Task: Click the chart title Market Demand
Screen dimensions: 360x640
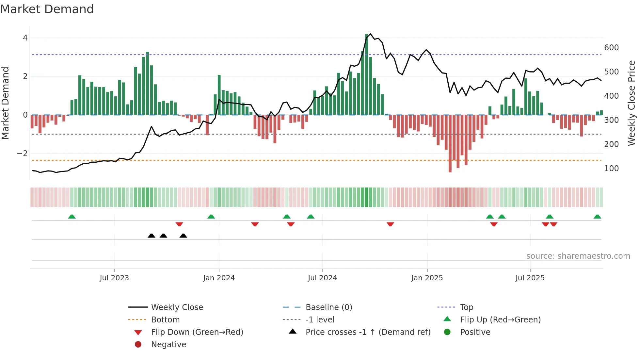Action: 47,9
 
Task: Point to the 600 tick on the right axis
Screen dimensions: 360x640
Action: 611,48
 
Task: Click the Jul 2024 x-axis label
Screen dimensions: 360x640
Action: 322,278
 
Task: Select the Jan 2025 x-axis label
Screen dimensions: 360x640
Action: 427,278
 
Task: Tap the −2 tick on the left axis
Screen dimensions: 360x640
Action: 22,154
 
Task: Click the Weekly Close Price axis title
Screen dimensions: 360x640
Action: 632,103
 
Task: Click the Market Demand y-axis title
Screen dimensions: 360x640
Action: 5,103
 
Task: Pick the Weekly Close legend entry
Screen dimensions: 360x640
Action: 177,307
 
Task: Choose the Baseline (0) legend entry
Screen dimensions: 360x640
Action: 328,307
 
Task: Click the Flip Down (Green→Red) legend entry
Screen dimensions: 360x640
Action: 197,332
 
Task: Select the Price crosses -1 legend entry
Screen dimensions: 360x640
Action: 368,332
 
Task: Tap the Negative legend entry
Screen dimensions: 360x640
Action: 168,345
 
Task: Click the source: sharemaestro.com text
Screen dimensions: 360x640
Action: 578,256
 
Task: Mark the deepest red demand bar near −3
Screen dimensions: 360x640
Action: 450,144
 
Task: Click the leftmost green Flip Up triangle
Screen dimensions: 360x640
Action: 72,217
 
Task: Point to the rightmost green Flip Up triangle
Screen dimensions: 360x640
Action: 597,217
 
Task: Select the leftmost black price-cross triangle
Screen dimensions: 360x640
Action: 152,236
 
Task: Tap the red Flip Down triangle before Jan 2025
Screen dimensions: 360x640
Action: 390,224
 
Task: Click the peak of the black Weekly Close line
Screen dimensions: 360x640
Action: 370,34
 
